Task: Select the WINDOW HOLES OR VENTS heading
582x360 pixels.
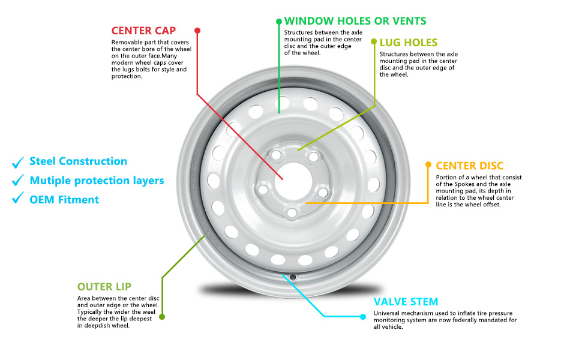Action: tap(355, 21)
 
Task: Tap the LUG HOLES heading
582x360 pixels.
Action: tap(409, 43)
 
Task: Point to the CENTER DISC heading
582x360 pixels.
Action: tap(470, 166)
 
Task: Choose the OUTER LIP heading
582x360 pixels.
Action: tap(104, 287)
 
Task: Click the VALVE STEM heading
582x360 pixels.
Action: tap(406, 302)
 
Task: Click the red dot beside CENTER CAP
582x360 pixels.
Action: tap(197, 30)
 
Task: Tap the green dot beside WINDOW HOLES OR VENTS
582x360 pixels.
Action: tap(278, 22)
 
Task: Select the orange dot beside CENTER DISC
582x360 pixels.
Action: tap(428, 164)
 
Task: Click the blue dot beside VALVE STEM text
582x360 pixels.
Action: tap(362, 316)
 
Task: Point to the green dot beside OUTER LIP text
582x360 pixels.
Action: tap(162, 316)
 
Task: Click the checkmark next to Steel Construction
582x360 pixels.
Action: tap(18, 161)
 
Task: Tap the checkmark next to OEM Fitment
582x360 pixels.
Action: tap(18, 200)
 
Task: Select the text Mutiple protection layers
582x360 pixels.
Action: tap(97, 181)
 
